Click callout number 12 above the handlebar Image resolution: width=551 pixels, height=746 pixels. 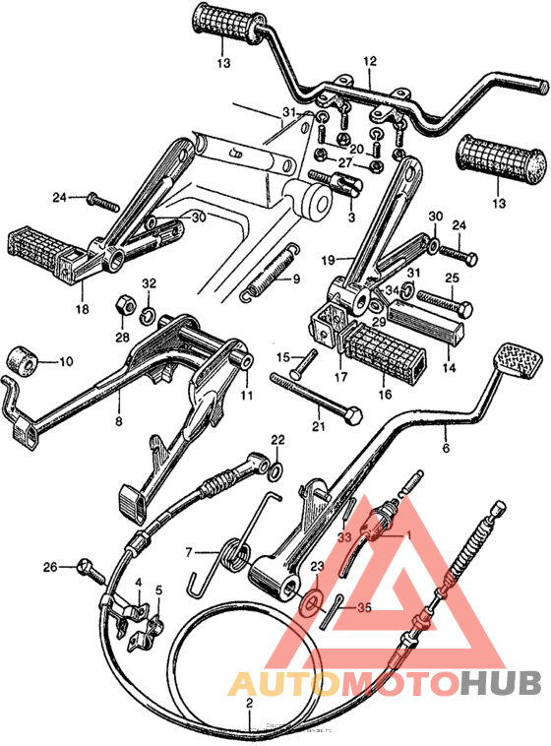tap(370, 61)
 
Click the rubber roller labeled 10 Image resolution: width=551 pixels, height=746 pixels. tap(24, 361)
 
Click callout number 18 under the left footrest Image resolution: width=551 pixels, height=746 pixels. tap(83, 308)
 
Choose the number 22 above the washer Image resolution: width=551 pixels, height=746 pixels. tap(277, 439)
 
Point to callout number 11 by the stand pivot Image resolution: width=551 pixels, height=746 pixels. tap(246, 396)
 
